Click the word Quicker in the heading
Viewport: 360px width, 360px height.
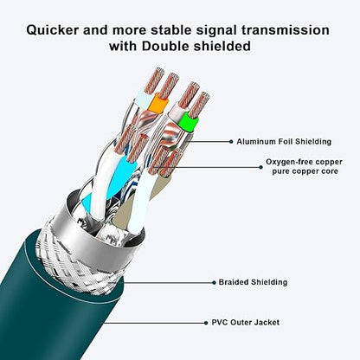(52, 30)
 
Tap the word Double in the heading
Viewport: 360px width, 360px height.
(165, 46)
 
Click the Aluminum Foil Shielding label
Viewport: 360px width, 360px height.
(284, 142)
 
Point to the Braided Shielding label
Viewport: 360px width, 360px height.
(253, 282)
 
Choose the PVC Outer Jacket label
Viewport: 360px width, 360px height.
(246, 322)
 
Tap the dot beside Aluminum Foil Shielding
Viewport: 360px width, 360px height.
(231, 142)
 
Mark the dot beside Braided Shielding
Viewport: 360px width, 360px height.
(214, 283)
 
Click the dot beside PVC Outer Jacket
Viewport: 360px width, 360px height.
(206, 323)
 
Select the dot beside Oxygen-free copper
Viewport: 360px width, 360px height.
(260, 167)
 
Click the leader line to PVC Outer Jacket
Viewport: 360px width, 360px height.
(154, 323)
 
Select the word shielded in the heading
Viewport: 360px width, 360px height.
(222, 46)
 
